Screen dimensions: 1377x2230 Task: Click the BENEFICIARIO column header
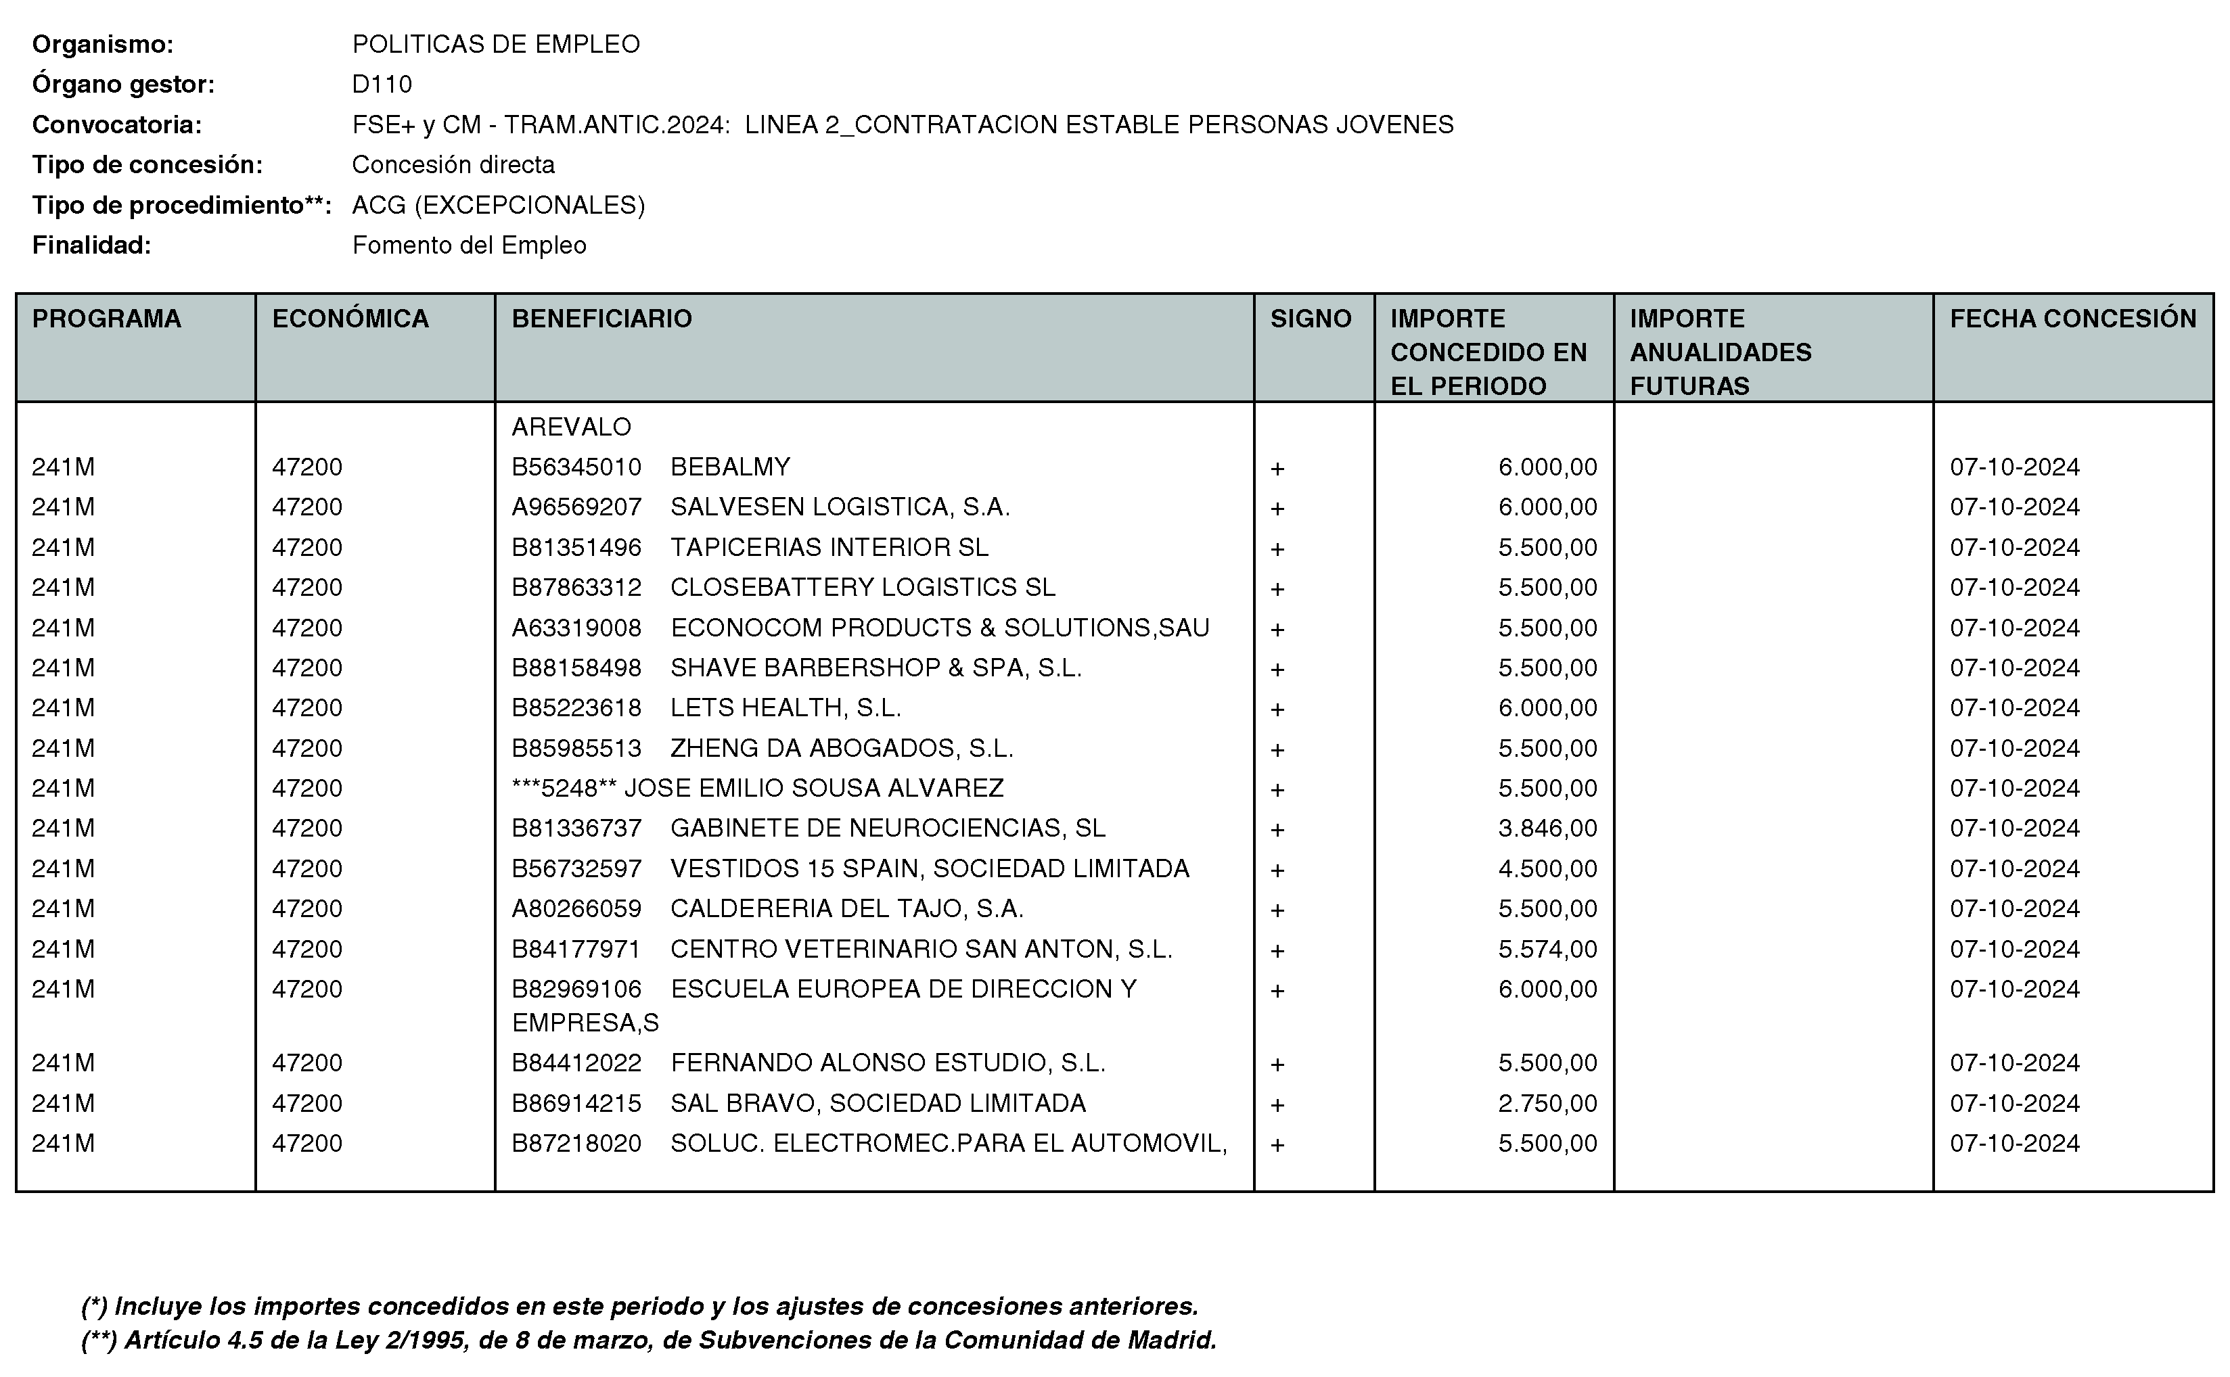[x=601, y=319]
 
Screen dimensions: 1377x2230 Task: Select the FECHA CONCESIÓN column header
[x=2072, y=319]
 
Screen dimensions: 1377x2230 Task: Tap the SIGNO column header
[x=1310, y=319]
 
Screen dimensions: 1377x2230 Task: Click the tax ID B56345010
[x=576, y=467]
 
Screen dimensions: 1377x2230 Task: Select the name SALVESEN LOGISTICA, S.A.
[x=840, y=507]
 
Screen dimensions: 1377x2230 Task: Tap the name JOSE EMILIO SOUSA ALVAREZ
[x=813, y=788]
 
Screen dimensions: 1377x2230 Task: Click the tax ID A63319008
[x=576, y=628]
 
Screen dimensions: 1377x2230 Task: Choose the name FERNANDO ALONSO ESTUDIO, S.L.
[x=887, y=1063]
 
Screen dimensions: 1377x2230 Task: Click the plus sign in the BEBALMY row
[x=1277, y=469]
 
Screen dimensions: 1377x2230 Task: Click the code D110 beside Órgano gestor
[x=382, y=85]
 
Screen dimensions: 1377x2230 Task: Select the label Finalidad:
[x=91, y=245]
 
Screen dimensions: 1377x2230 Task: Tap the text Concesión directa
[x=453, y=165]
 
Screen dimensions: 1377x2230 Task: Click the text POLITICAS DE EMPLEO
[x=495, y=45]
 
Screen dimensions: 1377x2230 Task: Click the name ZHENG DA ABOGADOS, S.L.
[x=842, y=748]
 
